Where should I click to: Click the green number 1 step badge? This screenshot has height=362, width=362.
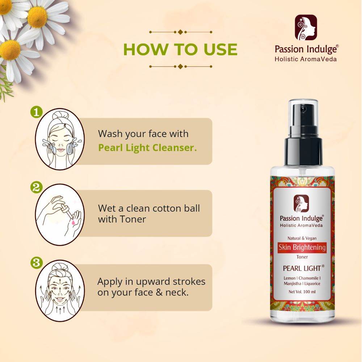36,112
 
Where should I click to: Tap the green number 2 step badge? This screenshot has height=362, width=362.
36,187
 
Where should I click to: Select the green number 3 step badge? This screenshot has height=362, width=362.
36,263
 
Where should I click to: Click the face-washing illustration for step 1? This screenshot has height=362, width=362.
60,139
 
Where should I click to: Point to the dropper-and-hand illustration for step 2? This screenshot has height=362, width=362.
60,215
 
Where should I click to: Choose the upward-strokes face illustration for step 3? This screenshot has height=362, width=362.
60,291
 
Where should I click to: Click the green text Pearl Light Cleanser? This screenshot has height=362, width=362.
148,148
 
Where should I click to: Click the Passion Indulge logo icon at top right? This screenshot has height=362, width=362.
306,27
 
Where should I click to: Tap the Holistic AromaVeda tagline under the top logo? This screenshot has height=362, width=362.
306,59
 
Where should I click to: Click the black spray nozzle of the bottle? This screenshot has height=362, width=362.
303,134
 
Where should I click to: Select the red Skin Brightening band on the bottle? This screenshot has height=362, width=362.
302,247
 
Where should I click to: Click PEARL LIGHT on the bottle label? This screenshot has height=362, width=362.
302,268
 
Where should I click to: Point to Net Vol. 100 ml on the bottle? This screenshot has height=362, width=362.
302,292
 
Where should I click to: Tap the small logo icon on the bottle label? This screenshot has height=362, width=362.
301,204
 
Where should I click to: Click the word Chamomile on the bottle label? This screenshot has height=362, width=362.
308,278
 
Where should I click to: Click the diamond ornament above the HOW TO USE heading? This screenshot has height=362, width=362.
181,32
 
